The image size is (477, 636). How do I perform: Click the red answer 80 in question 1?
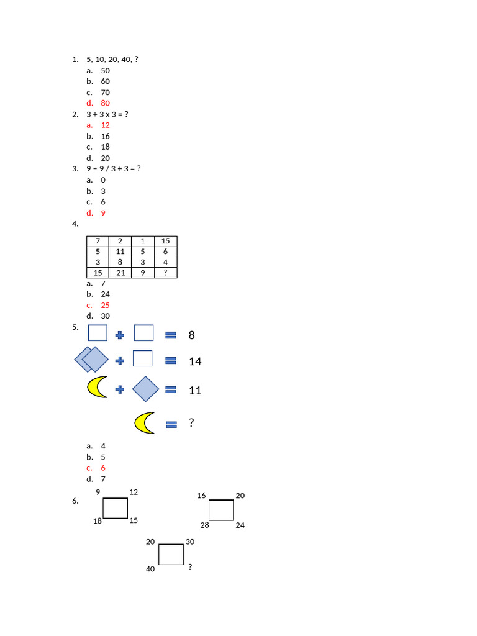106,103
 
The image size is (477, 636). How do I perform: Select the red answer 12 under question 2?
106,125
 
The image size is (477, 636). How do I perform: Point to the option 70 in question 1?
106,93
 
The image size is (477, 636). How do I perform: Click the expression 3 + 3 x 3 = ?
107,114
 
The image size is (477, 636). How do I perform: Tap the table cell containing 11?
120,252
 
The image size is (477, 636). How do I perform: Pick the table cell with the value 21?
120,273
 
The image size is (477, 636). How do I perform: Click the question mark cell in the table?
165,273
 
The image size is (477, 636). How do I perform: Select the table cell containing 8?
120,262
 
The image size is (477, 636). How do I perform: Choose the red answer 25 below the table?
106,306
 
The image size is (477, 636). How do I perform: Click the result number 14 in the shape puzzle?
195,361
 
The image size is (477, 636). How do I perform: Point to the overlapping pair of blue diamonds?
91,360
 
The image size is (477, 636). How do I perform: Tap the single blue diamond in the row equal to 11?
145,389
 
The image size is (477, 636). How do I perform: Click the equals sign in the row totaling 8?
171,335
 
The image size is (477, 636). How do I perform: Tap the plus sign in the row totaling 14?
120,361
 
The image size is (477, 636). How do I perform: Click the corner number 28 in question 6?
205,525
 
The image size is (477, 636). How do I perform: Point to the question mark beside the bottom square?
190,566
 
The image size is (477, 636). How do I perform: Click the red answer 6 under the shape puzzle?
103,468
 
